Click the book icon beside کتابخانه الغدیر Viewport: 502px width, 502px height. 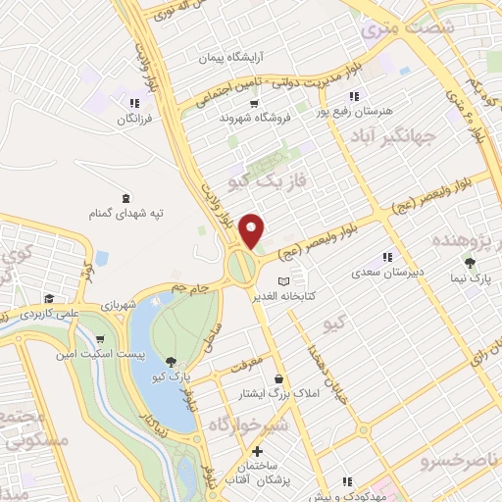coord(284,282)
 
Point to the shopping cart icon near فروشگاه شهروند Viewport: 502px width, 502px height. coord(254,103)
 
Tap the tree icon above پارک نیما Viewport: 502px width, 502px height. coord(470,263)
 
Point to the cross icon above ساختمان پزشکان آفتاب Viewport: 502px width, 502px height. coord(257,452)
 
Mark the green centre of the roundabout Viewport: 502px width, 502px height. coord(239,265)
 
